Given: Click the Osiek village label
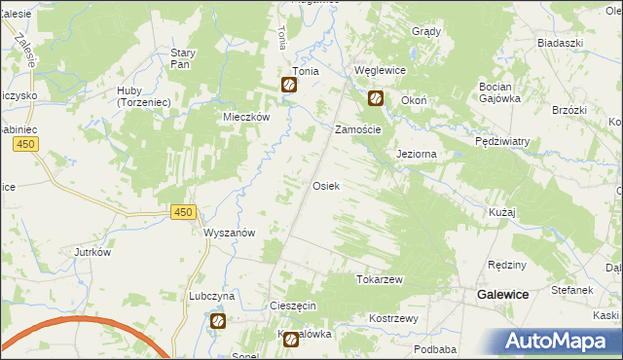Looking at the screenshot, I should tap(325, 186).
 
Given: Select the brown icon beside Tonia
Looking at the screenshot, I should tap(289, 85).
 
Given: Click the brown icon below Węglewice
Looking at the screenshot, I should tap(375, 98).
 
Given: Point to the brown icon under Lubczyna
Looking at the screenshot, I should tap(218, 320).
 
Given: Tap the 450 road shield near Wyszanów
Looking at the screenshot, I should tap(182, 212).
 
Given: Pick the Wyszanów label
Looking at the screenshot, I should tap(229, 233).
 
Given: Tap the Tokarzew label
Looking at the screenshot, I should tap(380, 279).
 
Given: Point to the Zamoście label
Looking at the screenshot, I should tap(357, 129).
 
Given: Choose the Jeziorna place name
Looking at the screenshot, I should tap(416, 155).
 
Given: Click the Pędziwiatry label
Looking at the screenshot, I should tap(502, 141).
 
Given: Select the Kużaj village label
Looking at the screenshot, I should tap(502, 211).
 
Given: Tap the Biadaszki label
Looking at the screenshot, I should tap(560, 44).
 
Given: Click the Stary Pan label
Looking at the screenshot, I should tap(184, 58).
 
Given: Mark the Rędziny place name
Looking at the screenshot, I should tap(507, 265).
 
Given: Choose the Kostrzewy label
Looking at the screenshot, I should tap(393, 318).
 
